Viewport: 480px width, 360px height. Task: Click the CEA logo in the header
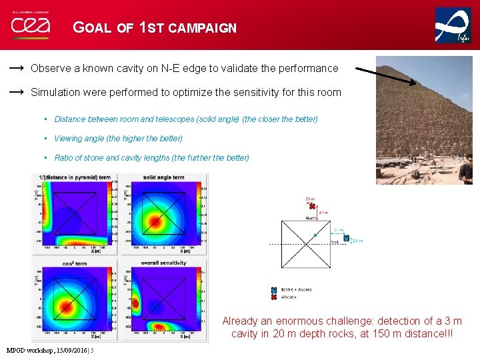click(x=29, y=27)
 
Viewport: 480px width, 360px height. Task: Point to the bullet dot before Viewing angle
click(x=45, y=139)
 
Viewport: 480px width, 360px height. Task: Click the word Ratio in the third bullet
click(x=65, y=158)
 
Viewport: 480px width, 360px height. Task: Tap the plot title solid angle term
click(x=163, y=177)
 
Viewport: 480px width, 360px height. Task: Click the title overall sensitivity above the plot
click(x=163, y=263)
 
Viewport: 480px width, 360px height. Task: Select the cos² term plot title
click(x=75, y=263)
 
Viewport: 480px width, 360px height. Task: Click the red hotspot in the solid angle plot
click(x=155, y=221)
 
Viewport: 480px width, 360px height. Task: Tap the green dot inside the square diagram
click(x=315, y=235)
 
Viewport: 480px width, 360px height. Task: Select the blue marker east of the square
click(x=346, y=238)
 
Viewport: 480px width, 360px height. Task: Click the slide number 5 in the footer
click(x=92, y=350)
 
